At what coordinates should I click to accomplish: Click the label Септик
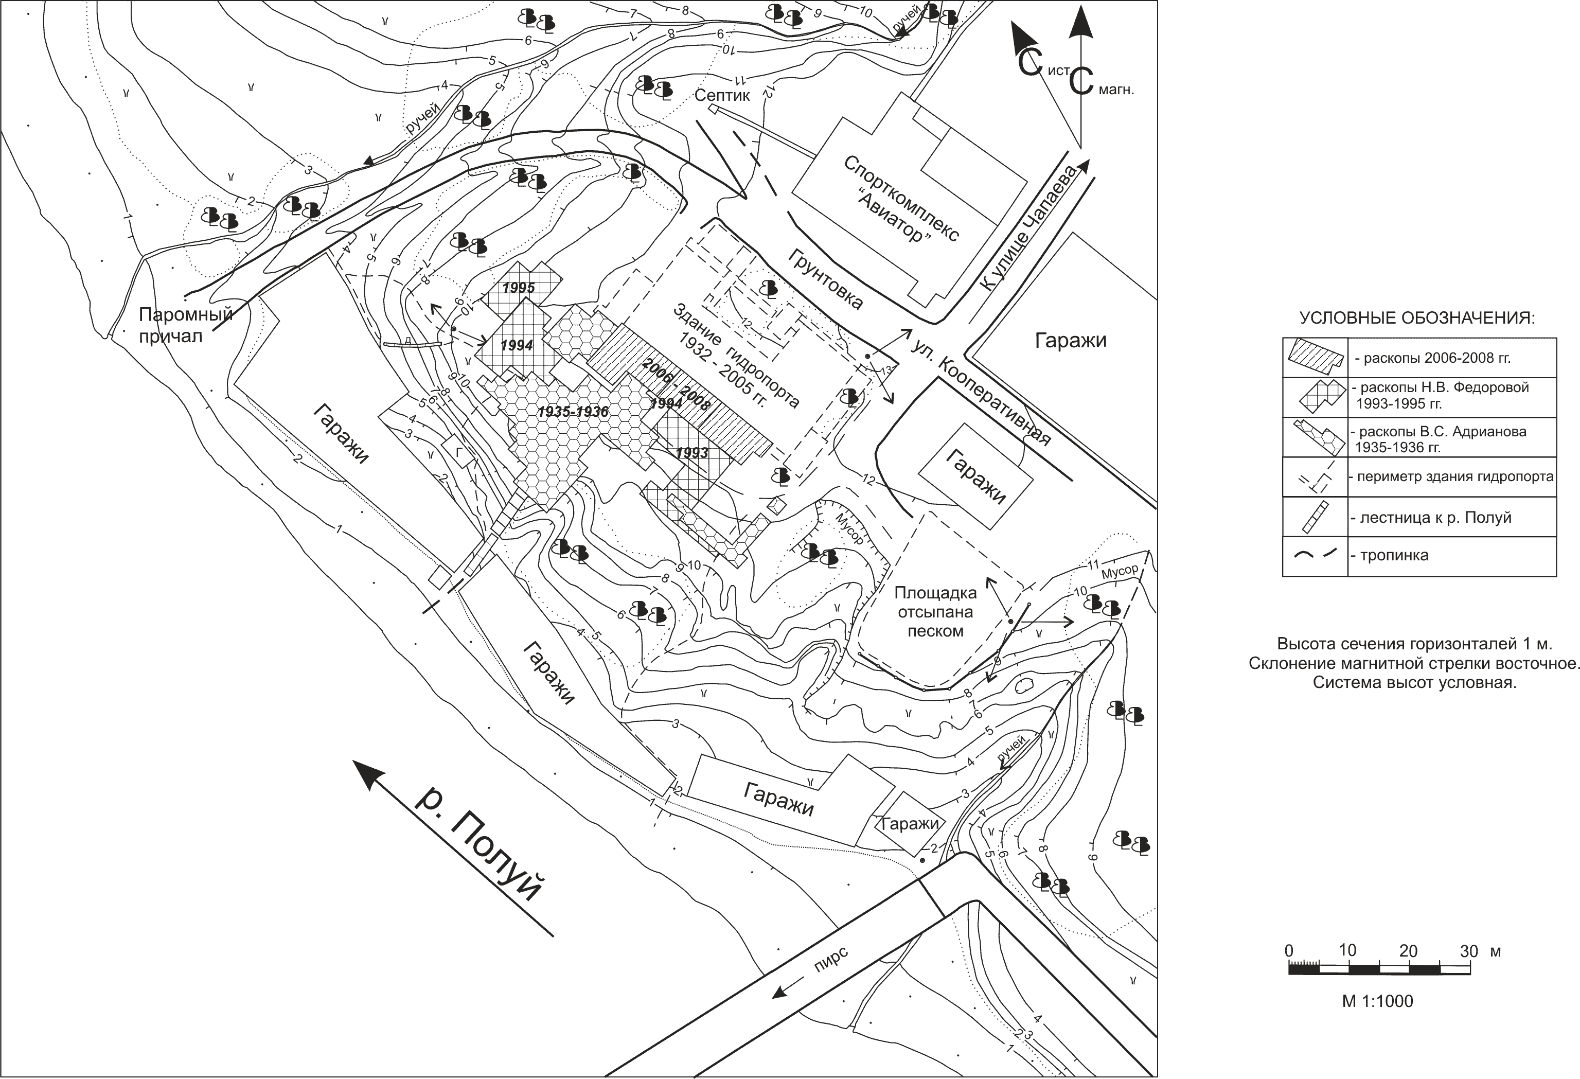tap(721, 95)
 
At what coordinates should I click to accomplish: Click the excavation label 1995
tap(518, 288)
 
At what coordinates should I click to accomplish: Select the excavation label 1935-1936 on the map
tap(573, 412)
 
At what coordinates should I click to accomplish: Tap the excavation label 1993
tap(692, 452)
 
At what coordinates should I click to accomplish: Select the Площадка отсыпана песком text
tap(935, 612)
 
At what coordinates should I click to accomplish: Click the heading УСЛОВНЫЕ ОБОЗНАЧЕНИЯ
tap(1417, 318)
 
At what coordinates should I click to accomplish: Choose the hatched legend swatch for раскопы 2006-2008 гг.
tap(1314, 358)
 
